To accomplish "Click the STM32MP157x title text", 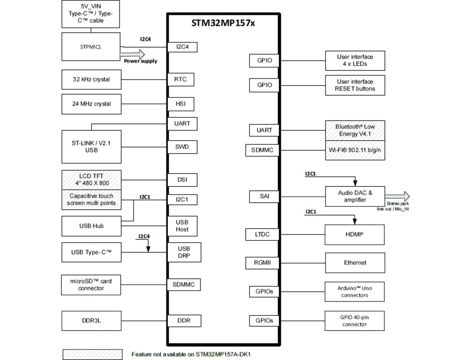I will coord(223,23).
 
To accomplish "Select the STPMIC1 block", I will coord(91,47).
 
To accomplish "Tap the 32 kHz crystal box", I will coord(91,79).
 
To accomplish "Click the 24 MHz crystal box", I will coord(91,104).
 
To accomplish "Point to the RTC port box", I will coord(181,79).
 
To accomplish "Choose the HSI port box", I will coord(181,104).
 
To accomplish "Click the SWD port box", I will coord(182,147).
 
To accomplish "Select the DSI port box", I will coord(182,180).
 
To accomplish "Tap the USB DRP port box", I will coord(184,252).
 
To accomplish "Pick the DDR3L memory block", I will coord(91,321).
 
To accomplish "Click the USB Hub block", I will coord(91,226).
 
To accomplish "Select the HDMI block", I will coord(355,235).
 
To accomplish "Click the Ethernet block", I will coord(355,263).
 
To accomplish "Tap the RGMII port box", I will coord(264,263).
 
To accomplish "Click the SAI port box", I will coord(264,196).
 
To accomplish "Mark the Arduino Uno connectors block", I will coord(354,291).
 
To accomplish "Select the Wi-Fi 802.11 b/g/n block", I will coord(355,150).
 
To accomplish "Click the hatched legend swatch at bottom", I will coord(92,354).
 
